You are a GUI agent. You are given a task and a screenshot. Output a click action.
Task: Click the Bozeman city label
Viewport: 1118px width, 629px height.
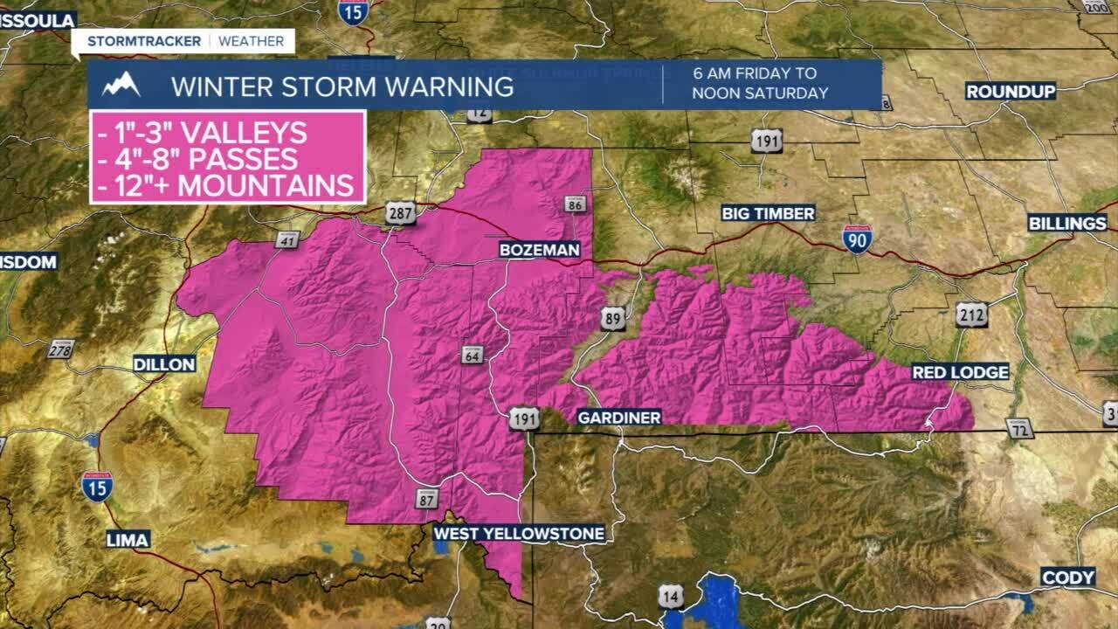click(539, 250)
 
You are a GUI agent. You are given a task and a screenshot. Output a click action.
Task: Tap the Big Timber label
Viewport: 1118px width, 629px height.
click(768, 213)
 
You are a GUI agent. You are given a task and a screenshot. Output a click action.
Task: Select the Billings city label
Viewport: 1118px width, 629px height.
click(1066, 224)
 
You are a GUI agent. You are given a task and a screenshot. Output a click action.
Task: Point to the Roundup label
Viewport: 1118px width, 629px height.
click(1011, 92)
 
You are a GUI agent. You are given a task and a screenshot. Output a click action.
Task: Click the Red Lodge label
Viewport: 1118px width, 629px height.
click(960, 372)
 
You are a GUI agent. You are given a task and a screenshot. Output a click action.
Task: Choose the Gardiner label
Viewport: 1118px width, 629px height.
click(619, 418)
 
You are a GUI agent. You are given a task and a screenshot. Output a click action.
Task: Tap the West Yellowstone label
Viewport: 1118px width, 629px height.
click(519, 533)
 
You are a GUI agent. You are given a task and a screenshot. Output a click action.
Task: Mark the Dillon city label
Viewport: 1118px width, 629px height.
click(164, 364)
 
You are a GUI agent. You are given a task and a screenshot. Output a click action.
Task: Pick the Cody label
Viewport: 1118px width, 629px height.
click(1067, 577)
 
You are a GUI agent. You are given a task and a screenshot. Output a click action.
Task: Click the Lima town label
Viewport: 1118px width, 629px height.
click(128, 539)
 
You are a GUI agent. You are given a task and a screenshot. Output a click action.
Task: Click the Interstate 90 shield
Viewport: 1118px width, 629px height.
click(857, 238)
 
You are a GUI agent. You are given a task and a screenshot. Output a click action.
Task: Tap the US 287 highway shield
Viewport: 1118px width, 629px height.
click(400, 213)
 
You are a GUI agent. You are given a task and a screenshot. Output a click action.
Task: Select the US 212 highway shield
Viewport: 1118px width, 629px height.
click(971, 314)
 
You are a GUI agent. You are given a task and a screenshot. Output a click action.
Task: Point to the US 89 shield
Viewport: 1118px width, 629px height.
click(613, 318)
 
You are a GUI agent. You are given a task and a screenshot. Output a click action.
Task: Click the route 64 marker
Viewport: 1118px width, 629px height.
click(472, 355)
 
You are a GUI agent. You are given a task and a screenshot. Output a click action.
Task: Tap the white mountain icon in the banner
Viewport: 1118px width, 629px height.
click(121, 85)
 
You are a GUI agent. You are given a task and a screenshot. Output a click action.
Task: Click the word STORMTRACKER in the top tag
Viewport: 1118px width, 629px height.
click(144, 41)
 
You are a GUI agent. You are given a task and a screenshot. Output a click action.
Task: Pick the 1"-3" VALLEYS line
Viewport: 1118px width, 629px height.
click(202, 133)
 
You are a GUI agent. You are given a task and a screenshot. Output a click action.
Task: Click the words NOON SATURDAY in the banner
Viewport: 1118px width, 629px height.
click(760, 93)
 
